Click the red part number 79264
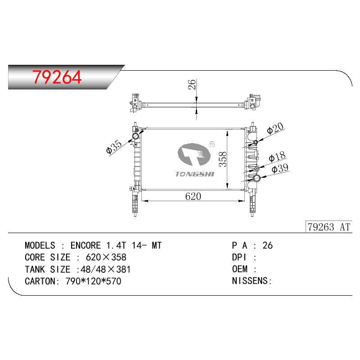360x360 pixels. pos(57,77)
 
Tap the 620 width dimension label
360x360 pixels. pos(193,197)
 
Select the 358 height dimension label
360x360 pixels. pos(222,159)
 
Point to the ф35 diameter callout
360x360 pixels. pos(114,147)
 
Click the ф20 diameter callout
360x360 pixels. pos(275,129)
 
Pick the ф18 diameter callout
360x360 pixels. pos(277,157)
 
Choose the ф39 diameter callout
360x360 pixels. pos(280,168)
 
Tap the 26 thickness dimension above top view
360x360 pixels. pos(192,84)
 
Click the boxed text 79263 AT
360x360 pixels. pos(329,227)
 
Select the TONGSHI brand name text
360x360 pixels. pos(195,174)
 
